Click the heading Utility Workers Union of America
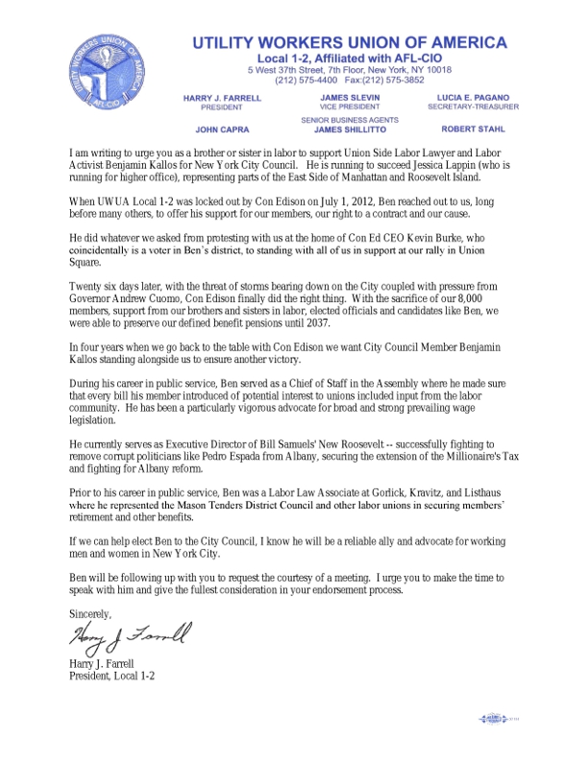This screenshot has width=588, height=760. (x=350, y=42)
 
